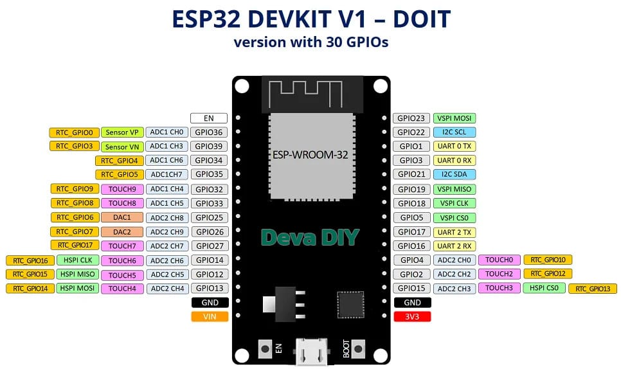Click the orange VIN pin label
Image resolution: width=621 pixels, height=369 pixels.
(210, 316)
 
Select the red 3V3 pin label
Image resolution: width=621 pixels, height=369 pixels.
(412, 316)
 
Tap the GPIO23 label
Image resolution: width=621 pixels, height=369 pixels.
(411, 118)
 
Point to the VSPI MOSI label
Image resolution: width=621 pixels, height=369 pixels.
(455, 118)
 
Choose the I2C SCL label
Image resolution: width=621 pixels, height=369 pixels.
(455, 132)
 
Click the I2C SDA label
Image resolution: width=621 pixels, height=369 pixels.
(455, 174)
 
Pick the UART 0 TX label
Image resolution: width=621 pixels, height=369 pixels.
(455, 147)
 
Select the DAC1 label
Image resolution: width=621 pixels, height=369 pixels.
(122, 217)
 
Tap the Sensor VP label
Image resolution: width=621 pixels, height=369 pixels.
(122, 132)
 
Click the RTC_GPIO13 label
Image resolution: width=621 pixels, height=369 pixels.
(592, 289)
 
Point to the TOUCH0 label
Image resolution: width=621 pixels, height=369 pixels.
(499, 260)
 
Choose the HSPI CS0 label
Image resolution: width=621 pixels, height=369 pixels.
(544, 288)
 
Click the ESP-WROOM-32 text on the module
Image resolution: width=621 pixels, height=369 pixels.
(310, 155)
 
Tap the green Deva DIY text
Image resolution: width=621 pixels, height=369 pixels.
(310, 237)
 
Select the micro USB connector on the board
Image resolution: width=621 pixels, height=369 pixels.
(311, 352)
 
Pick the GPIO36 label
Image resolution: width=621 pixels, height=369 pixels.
(210, 132)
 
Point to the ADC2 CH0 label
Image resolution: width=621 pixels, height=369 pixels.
(455, 260)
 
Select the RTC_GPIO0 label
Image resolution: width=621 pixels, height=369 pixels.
(75, 132)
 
